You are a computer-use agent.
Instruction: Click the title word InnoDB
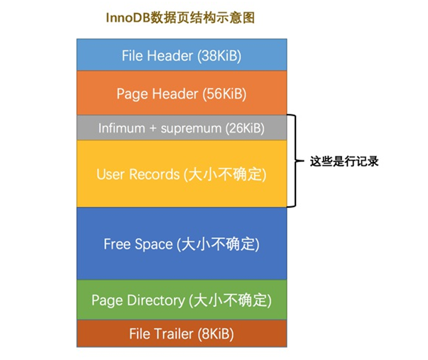pyautogui.click(x=126, y=18)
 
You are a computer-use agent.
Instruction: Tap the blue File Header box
pyautogui.click(x=182, y=55)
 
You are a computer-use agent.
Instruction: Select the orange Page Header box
pyautogui.click(x=182, y=93)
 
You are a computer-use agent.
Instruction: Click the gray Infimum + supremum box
pyautogui.click(x=182, y=128)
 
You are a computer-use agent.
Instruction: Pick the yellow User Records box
pyautogui.click(x=182, y=174)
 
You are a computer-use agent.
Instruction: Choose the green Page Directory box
pyautogui.click(x=182, y=299)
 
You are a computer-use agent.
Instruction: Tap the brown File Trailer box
pyautogui.click(x=182, y=334)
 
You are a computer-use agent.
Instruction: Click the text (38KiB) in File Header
pyautogui.click(x=219, y=56)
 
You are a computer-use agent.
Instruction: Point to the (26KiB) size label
pyautogui.click(x=244, y=128)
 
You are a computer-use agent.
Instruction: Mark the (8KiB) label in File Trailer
pyautogui.click(x=216, y=334)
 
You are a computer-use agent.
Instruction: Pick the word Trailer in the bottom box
pyautogui.click(x=172, y=334)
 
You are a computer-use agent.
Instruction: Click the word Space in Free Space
pyautogui.click(x=154, y=245)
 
